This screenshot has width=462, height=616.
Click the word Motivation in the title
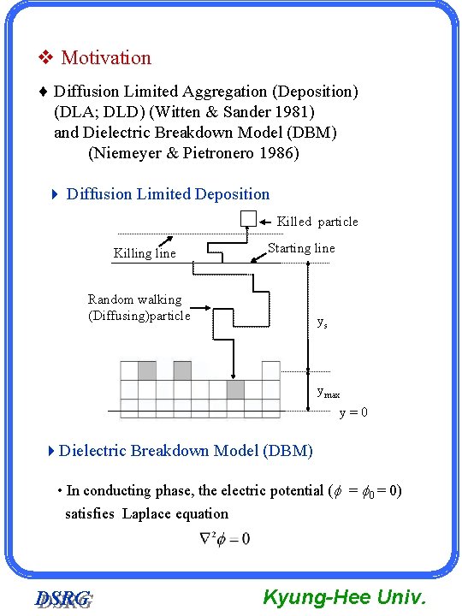click(x=106, y=58)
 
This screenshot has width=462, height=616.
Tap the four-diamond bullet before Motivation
click(x=47, y=58)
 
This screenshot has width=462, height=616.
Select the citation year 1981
click(x=295, y=111)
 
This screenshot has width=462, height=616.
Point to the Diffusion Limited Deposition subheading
click(x=168, y=194)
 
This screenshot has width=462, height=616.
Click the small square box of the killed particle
click(x=248, y=218)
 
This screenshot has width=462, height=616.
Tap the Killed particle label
click(x=317, y=222)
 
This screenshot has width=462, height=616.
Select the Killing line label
click(x=145, y=253)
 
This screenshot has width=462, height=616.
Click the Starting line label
click(x=301, y=248)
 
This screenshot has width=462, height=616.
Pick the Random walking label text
click(x=135, y=299)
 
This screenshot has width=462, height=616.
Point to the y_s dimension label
click(x=322, y=323)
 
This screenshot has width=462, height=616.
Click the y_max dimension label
click(x=329, y=392)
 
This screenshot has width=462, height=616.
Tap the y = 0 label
click(x=353, y=412)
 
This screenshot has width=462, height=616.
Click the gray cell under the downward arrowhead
click(x=235, y=389)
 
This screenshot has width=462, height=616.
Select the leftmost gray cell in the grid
click(x=146, y=370)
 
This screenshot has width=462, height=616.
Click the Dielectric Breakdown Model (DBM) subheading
click(x=186, y=450)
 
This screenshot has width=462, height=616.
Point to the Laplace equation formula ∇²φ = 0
click(x=225, y=538)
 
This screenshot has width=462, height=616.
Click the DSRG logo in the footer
click(x=63, y=599)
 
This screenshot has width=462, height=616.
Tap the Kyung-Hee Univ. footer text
click(x=344, y=596)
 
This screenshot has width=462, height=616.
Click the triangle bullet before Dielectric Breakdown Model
click(x=52, y=450)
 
